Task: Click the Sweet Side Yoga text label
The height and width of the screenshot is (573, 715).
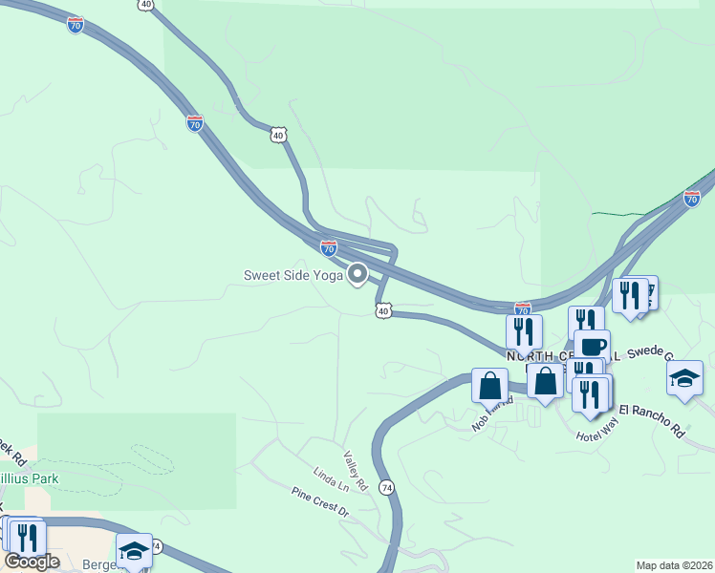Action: pos(292,276)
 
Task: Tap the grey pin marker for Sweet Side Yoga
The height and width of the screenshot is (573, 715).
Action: pos(357,274)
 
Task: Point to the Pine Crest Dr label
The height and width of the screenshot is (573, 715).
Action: pos(320,501)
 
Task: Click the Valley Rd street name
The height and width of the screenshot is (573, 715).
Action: pos(356,470)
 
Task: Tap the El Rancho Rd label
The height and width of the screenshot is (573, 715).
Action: pos(652,420)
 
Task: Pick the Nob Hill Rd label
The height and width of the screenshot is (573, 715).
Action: pos(493,414)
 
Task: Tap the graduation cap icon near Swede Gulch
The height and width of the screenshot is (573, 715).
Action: pos(684,378)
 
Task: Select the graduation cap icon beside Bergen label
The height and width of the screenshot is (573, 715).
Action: pos(134,550)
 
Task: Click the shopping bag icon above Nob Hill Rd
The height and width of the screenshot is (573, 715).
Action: pos(489,386)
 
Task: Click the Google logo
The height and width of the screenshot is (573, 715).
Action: pos(32,561)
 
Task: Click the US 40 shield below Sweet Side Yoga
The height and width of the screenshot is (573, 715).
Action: pos(383,310)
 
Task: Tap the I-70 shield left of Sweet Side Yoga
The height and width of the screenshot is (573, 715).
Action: pos(329,248)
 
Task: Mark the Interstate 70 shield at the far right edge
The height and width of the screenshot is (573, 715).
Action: pos(692,199)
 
